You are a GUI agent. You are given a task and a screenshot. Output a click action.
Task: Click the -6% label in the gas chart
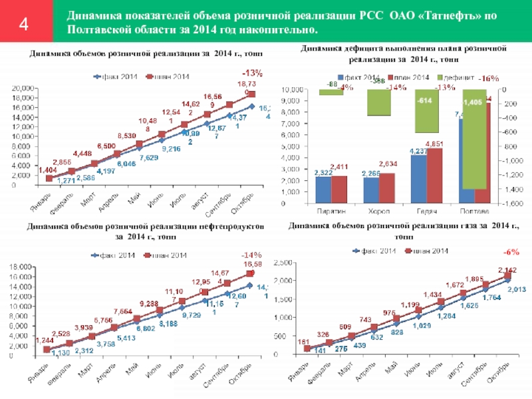point(511,253)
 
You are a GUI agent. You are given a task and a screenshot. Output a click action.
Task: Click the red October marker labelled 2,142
point(508,275)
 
